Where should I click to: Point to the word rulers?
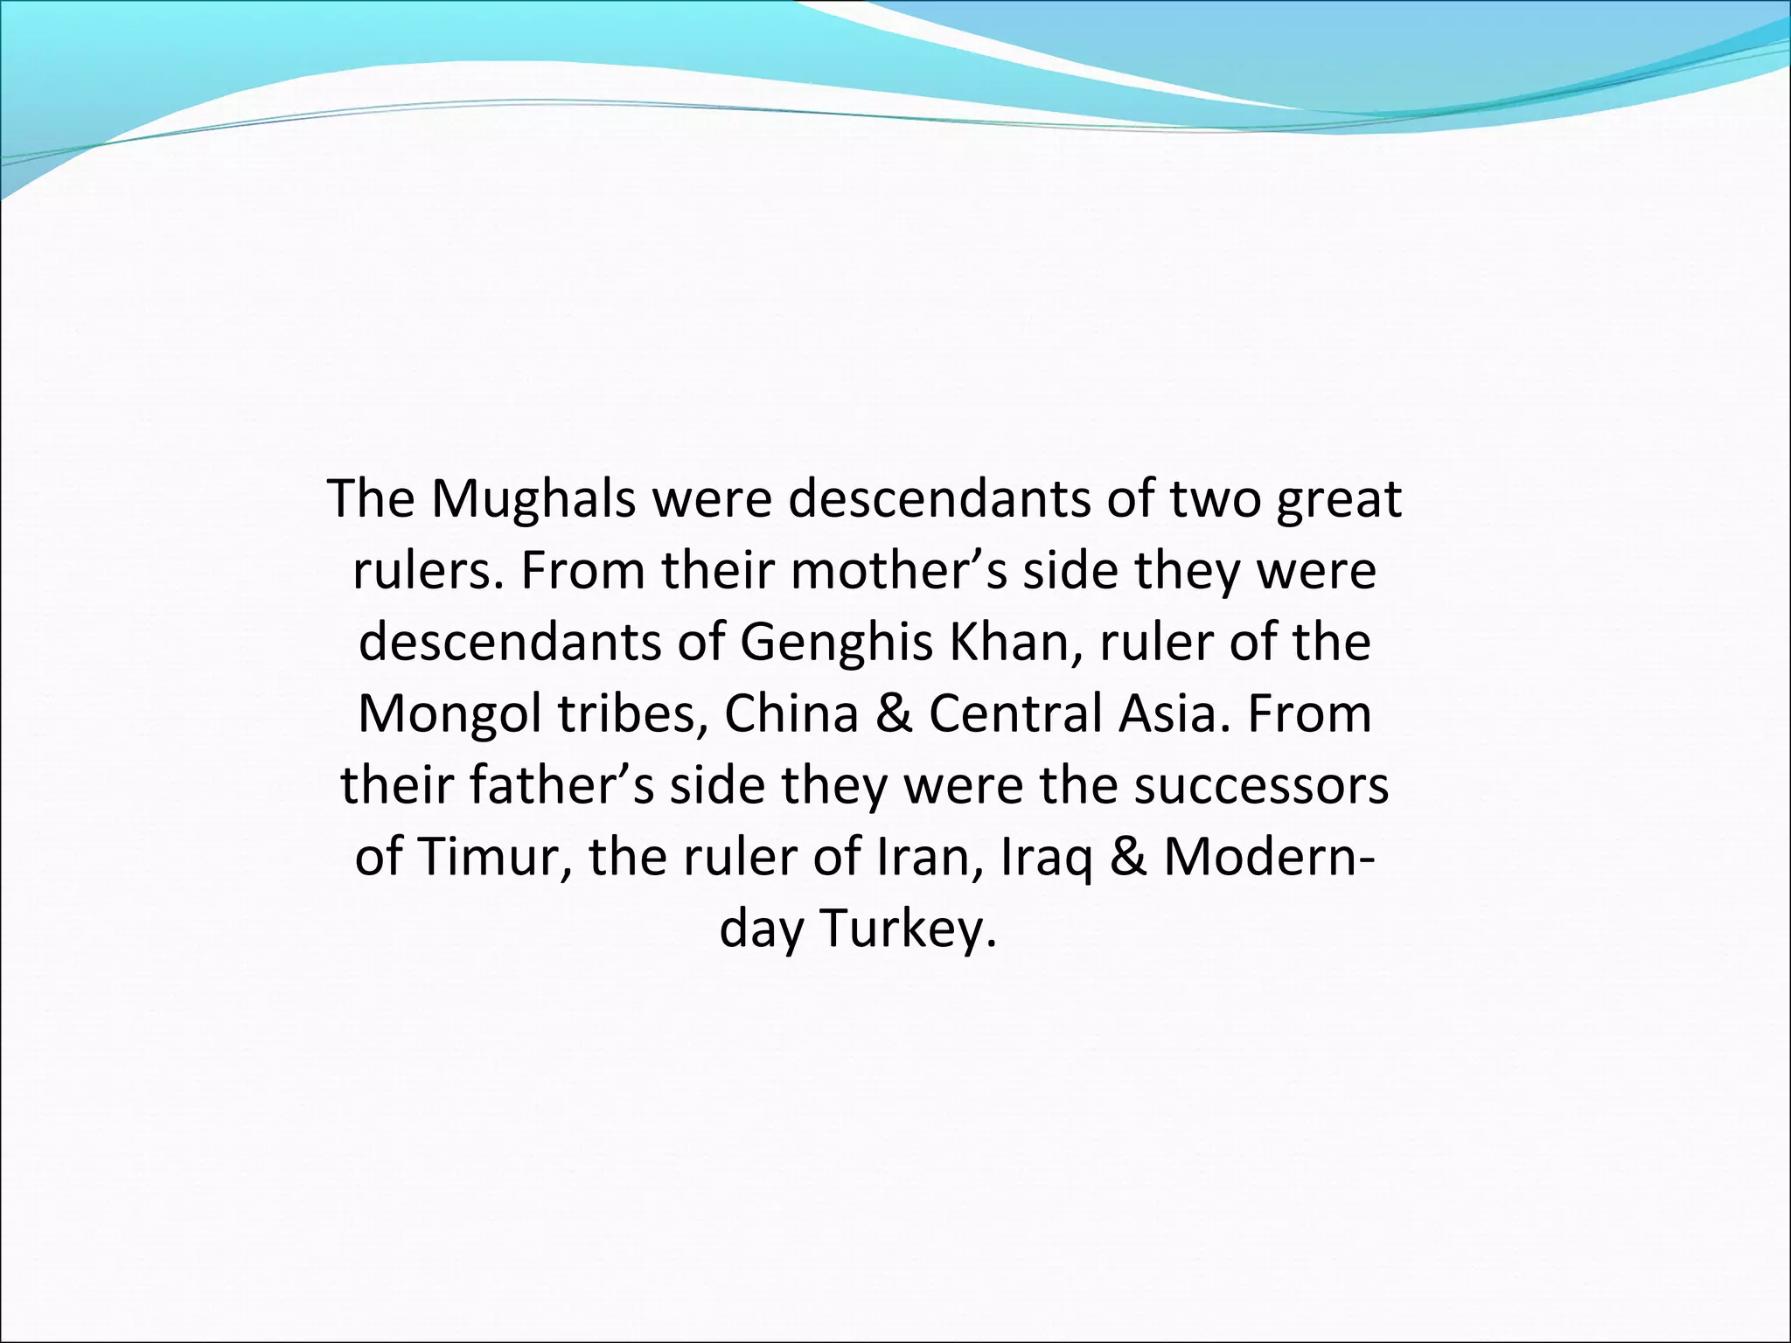(429, 572)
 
